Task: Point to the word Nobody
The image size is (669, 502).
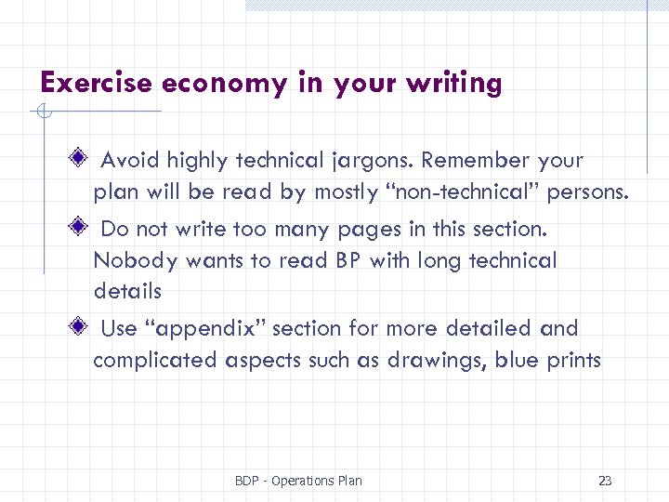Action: point(135,261)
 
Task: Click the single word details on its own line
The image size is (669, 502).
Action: point(127,291)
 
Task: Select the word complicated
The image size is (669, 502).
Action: point(155,361)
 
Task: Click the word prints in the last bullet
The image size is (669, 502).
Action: point(573,361)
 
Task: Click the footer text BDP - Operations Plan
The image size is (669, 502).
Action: point(298,481)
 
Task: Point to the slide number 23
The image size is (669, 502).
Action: point(605,481)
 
